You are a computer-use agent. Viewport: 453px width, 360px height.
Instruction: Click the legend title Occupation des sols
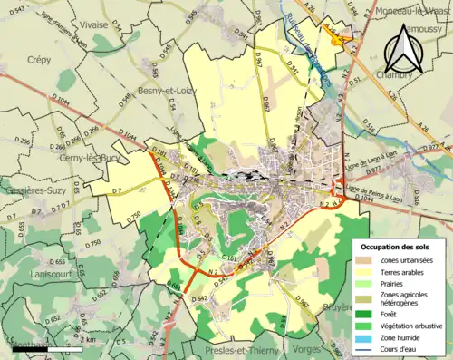pos(394,247)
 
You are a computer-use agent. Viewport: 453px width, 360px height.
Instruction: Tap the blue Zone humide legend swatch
pos(364,337)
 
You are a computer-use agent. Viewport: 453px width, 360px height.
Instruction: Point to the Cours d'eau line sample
pos(364,350)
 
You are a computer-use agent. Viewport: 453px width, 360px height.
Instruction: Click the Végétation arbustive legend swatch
pos(364,325)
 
